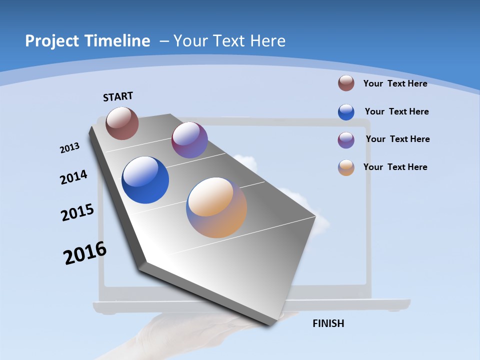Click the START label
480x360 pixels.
pyautogui.click(x=118, y=96)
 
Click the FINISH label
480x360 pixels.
pyautogui.click(x=328, y=323)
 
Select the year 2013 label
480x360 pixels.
pyautogui.click(x=70, y=148)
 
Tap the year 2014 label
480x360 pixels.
pyautogui.click(x=74, y=177)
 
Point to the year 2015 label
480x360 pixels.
pyautogui.click(x=77, y=212)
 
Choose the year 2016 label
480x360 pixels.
pyautogui.click(x=85, y=253)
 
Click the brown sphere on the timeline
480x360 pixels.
pyautogui.click(x=122, y=123)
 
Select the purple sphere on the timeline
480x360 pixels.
pyautogui.click(x=189, y=140)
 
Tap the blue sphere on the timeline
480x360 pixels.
pyautogui.click(x=145, y=180)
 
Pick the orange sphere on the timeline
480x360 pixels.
pyautogui.click(x=216, y=207)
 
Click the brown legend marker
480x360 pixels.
pyautogui.click(x=346, y=83)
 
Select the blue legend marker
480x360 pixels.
pyautogui.click(x=346, y=112)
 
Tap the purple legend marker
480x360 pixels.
pyautogui.click(x=346, y=140)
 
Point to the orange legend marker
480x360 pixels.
pyautogui.click(x=346, y=167)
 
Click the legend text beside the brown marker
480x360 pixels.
pyautogui.click(x=395, y=83)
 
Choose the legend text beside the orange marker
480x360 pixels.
pyautogui.click(x=395, y=167)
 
